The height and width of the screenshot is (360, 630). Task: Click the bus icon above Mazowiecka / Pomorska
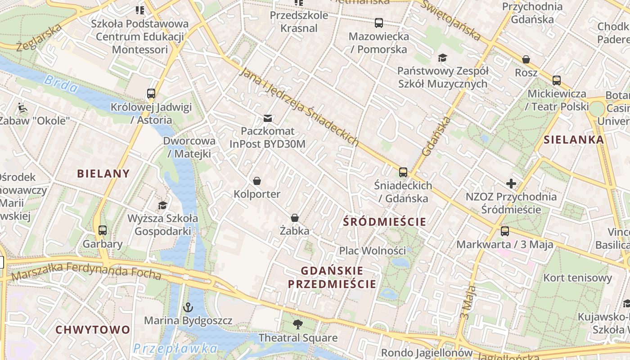coord(379,22)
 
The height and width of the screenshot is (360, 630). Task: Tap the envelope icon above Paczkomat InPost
coord(268,118)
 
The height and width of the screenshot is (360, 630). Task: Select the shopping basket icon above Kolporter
coord(257,181)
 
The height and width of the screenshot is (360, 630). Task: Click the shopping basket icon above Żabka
coord(295,218)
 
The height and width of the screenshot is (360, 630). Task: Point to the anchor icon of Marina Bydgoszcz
coord(188,308)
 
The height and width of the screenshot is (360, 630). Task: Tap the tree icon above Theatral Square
coord(297,324)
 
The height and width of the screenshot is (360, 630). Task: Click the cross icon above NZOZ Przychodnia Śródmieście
coord(511,184)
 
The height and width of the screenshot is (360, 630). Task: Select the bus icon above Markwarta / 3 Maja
coord(505,231)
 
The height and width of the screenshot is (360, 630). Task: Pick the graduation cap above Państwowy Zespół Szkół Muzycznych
coord(442,58)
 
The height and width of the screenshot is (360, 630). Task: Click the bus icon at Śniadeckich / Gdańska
coord(403,172)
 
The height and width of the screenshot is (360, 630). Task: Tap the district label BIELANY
coord(103,173)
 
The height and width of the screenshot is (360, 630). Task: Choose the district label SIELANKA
coord(574,139)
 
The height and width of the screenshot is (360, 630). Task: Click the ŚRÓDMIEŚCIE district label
coord(384,221)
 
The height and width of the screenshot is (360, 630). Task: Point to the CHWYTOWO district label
coord(93,329)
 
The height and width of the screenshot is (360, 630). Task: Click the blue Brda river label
coord(61,84)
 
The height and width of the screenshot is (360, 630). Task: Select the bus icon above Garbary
coord(103,230)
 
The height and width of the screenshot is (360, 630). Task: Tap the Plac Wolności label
coord(372,251)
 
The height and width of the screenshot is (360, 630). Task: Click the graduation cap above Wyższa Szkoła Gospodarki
coord(162,205)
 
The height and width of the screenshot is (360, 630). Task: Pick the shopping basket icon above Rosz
coord(526,59)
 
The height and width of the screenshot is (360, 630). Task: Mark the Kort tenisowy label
coord(578,278)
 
